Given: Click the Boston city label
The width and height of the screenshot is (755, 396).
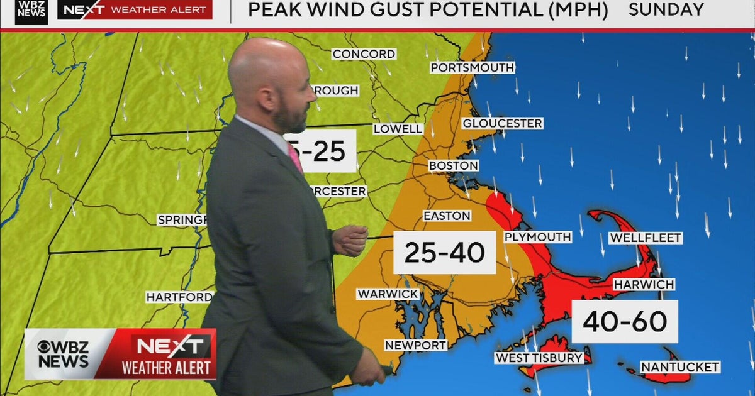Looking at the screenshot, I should click(453, 165).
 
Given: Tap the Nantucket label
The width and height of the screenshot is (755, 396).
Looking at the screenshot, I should click(679, 366).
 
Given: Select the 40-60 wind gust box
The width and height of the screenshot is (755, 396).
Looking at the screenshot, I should click(624, 321).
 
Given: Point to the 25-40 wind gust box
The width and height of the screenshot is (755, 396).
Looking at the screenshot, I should click(444, 253).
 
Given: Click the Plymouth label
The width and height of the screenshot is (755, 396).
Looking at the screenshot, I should click(537, 237).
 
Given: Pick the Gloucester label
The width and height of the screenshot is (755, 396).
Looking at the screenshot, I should click(502, 123).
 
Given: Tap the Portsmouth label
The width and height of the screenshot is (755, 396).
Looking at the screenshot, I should click(473, 67).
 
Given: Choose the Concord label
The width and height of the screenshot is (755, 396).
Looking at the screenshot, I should click(364, 54).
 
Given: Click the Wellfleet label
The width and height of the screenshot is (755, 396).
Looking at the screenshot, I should click(645, 238).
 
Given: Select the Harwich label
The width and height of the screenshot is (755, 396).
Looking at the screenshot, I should click(644, 284).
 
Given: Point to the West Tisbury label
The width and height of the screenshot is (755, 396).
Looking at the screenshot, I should click(539, 358).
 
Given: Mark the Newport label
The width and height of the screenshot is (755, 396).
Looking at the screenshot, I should click(416, 345).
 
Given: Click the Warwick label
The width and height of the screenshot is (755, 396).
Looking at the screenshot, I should click(388, 294).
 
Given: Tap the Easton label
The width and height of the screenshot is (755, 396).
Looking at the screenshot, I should click(447, 216).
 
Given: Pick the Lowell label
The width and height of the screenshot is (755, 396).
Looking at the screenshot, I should click(398, 128).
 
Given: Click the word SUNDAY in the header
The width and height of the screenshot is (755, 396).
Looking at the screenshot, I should click(666, 9).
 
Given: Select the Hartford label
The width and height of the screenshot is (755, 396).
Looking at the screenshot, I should click(179, 297).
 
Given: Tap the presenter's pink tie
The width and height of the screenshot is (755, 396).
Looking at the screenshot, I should click(294, 157).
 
